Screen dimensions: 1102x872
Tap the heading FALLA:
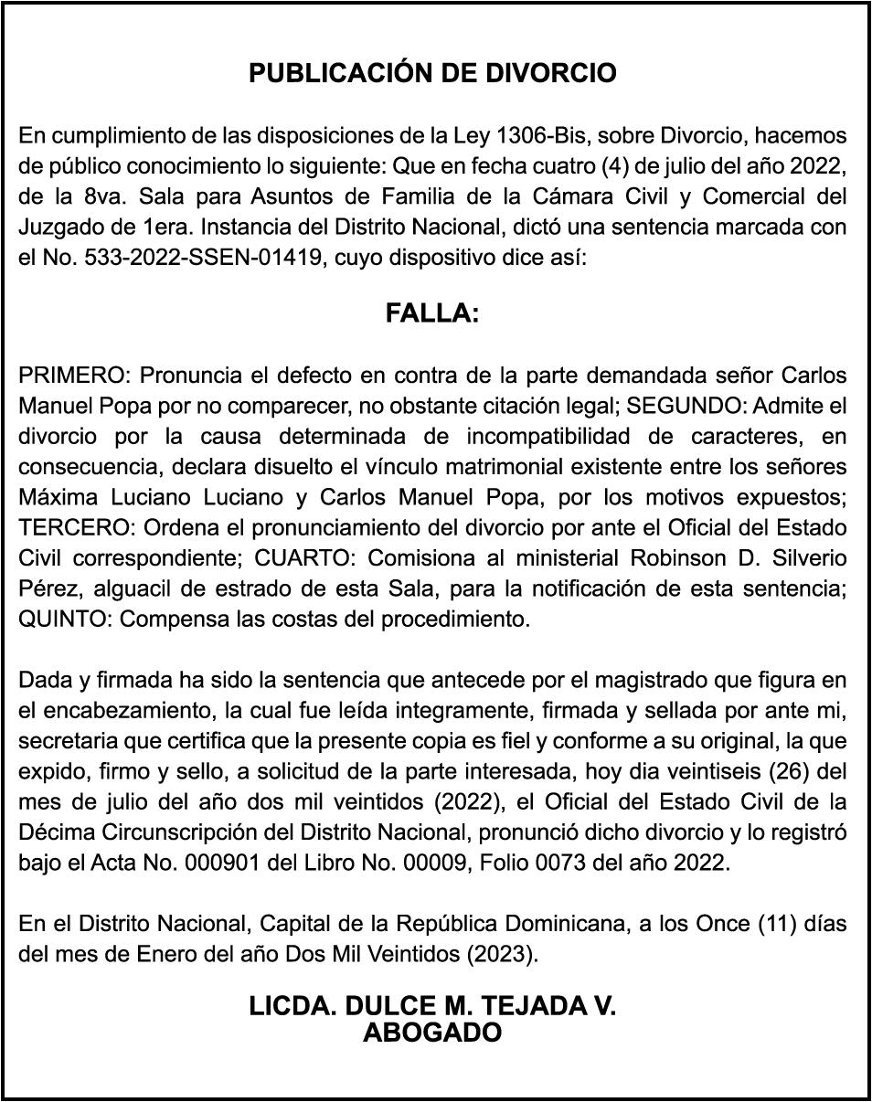pos(432,313)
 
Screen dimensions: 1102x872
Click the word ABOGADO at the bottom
pos(432,1033)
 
